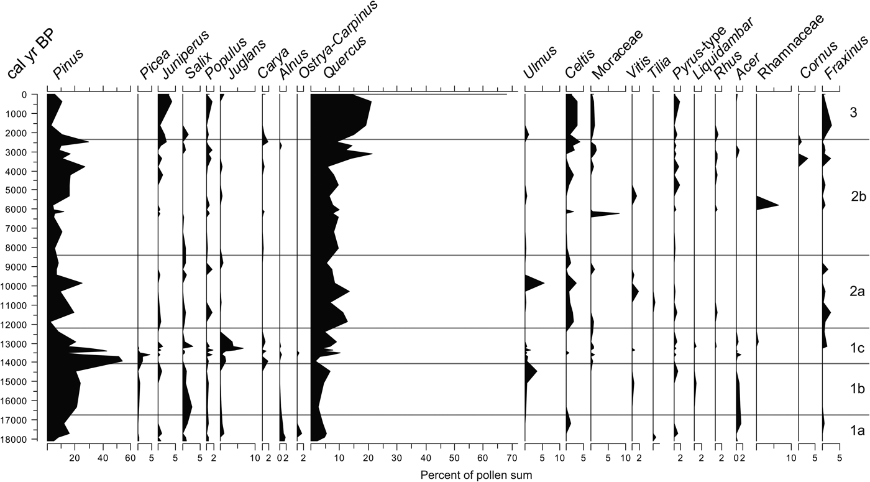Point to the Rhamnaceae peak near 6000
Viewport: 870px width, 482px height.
point(777,205)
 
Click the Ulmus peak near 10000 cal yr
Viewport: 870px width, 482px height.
point(543,284)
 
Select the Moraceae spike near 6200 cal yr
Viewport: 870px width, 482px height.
point(616,214)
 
